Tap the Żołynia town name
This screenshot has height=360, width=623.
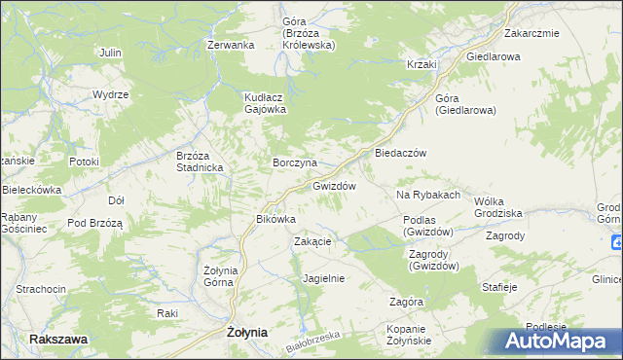[246, 332]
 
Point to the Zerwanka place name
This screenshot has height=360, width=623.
[231, 45]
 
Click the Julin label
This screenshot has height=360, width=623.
[109, 52]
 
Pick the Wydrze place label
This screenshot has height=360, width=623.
[110, 94]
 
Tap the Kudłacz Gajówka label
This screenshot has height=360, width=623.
[264, 104]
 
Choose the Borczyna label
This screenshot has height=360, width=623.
[294, 162]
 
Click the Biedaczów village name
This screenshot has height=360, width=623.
[395, 153]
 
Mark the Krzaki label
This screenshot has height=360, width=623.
[421, 64]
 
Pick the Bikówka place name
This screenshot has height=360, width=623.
[275, 219]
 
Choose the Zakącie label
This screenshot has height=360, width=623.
[313, 242]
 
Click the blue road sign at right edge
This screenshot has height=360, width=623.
[617, 242]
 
